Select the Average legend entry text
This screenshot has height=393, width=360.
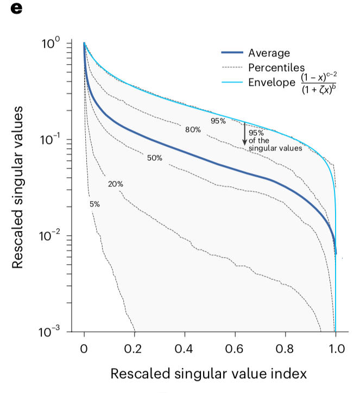click(269, 53)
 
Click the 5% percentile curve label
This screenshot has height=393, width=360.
click(94, 204)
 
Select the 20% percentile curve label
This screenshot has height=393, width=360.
click(115, 184)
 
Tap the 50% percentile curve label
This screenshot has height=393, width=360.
click(155, 158)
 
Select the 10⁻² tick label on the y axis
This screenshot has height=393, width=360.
click(53, 236)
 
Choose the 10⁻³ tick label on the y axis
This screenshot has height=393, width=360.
click(53, 332)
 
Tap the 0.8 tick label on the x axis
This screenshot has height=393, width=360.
click(285, 348)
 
